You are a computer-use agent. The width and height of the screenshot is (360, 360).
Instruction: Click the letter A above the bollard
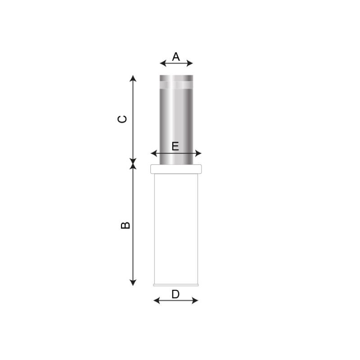point(176,57)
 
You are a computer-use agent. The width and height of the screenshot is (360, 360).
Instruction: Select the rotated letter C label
point(122,119)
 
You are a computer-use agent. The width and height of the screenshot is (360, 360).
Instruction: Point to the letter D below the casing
point(175,294)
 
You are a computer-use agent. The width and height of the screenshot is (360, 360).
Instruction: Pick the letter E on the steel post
point(175,146)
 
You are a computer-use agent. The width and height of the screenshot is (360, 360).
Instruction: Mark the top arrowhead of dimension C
point(133,78)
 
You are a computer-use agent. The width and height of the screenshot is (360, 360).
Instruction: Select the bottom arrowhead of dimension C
point(133,161)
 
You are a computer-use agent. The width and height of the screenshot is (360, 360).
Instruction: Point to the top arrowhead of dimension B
point(133,167)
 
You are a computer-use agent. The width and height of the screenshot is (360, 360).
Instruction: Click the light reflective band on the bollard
point(176,84)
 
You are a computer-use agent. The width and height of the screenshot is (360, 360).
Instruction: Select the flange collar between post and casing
point(176,169)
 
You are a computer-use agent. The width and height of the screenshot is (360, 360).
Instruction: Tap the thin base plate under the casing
point(176,285)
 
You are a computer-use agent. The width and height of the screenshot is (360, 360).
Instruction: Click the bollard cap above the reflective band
point(176,77)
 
